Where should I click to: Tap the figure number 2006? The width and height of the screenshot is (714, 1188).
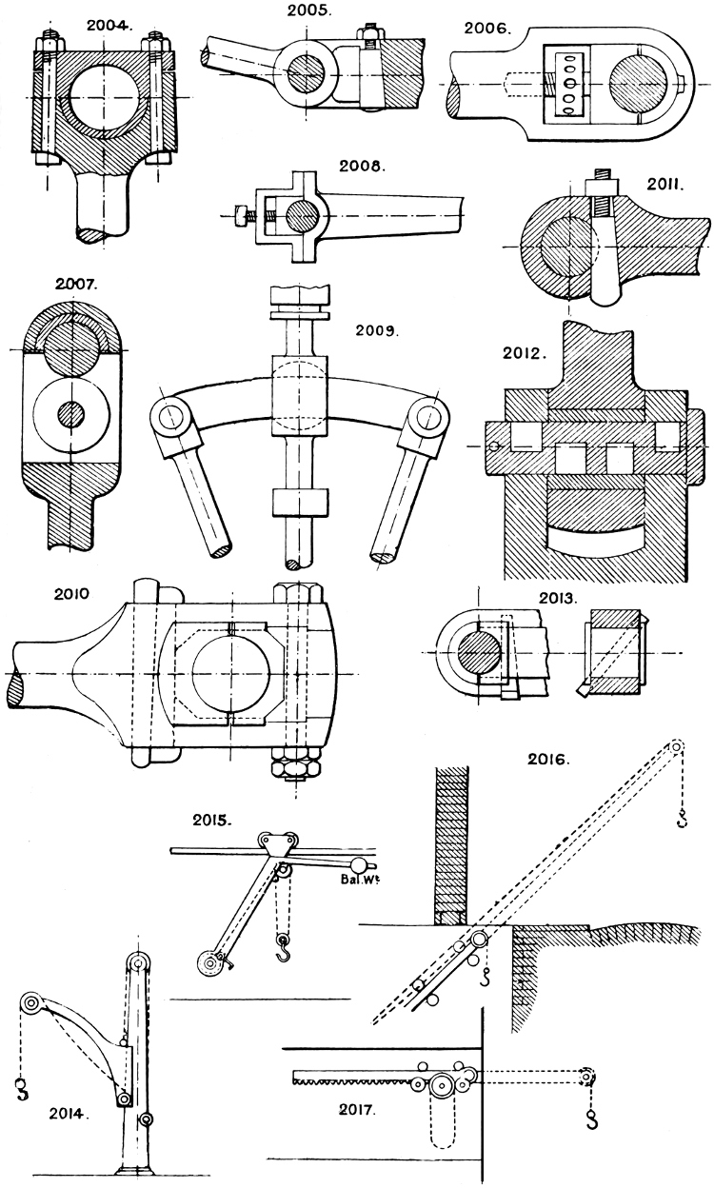pyautogui.click(x=486, y=29)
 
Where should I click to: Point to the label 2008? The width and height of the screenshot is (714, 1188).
pyautogui.click(x=362, y=166)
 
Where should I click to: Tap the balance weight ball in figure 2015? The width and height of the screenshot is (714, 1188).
pyautogui.click(x=360, y=864)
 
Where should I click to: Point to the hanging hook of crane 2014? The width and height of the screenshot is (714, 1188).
pyautogui.click(x=21, y=1088)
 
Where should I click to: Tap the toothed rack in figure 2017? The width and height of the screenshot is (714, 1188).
pyautogui.click(x=352, y=1076)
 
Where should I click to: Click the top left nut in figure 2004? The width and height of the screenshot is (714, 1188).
pyautogui.click(x=50, y=44)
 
